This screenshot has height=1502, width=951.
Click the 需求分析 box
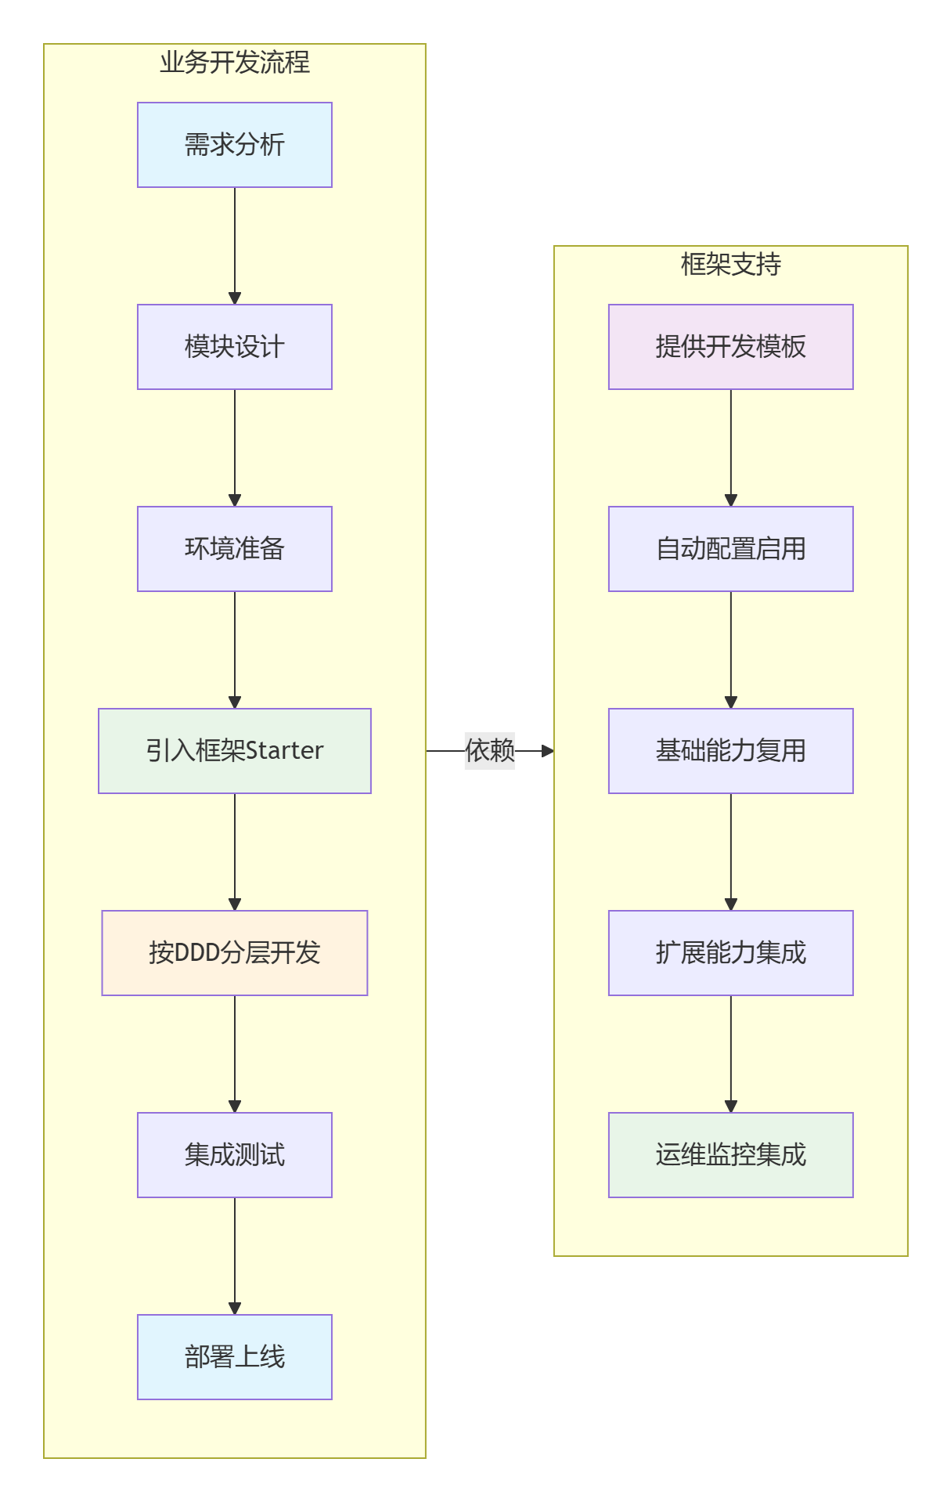tap(234, 145)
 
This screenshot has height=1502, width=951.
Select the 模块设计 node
tap(234, 347)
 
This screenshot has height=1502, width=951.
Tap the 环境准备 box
tap(234, 549)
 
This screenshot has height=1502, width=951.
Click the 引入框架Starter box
tap(234, 751)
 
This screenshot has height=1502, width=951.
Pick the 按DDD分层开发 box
tap(234, 953)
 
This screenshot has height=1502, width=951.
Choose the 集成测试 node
tap(234, 1155)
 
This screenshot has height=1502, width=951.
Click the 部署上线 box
tap(234, 1357)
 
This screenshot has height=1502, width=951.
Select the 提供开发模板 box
tap(730, 347)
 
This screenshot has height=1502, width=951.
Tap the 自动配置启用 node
tap(730, 549)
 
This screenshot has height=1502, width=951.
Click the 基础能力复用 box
tap(730, 751)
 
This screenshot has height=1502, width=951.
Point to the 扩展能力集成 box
tap(730, 953)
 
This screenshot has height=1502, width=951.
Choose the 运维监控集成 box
tap(730, 1155)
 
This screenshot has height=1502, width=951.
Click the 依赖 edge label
tap(490, 751)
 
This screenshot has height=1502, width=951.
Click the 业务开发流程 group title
tap(234, 63)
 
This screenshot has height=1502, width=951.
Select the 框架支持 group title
tap(730, 265)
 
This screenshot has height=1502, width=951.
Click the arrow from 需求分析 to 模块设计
tap(234, 246)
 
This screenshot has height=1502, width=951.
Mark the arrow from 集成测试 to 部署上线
tap(234, 1256)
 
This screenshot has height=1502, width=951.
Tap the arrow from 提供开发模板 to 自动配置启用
tap(730, 448)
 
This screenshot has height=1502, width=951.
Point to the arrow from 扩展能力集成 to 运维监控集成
tap(730, 1054)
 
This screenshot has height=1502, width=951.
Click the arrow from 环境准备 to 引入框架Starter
tap(234, 650)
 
